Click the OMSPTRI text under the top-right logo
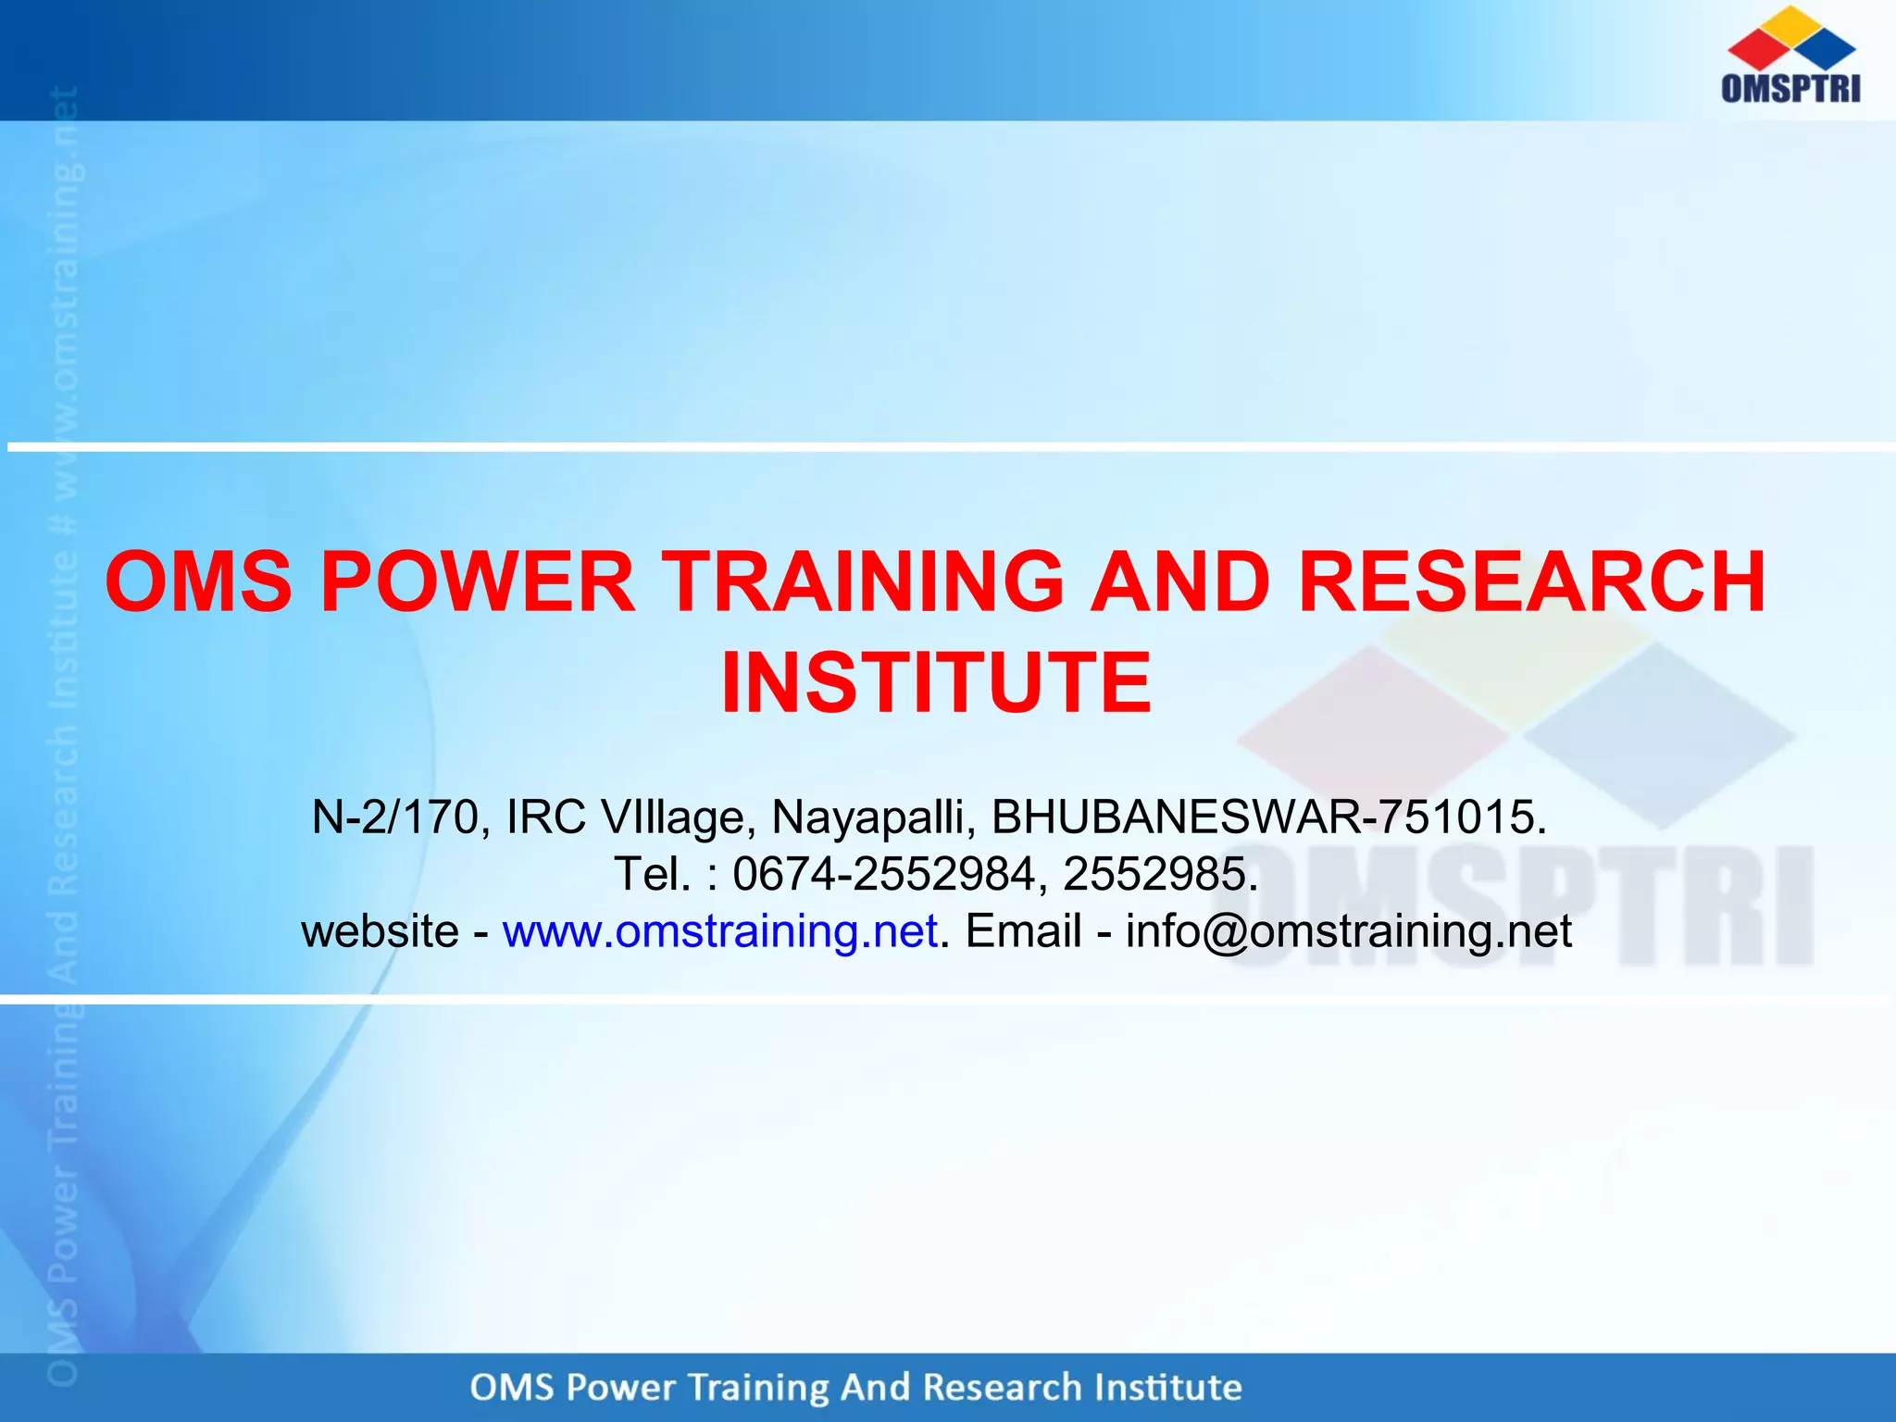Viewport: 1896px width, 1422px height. (1790, 88)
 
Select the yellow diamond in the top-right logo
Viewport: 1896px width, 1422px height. (1792, 24)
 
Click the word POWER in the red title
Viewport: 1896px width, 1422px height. (478, 582)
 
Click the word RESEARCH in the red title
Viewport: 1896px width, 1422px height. (1532, 582)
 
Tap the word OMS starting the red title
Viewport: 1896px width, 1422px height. (198, 582)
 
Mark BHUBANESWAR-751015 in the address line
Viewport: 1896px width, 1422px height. (1268, 817)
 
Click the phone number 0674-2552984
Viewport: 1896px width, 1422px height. (884, 874)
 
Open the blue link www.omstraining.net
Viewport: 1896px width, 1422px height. (720, 931)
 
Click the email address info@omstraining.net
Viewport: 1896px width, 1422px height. (1349, 931)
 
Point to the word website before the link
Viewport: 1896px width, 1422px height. (380, 931)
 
